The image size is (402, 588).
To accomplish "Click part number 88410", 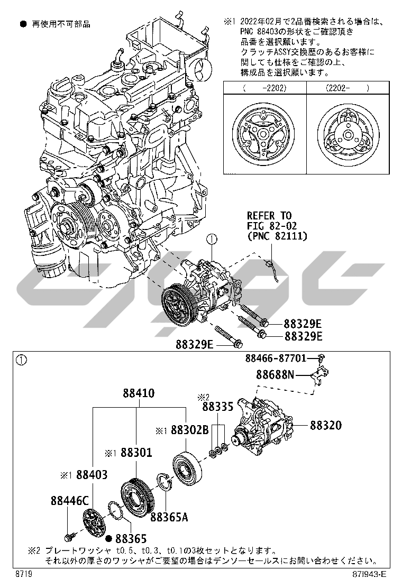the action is click(x=139, y=393).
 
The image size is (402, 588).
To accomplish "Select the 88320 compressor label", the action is click(x=325, y=425).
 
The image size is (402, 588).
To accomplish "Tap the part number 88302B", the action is click(x=190, y=430).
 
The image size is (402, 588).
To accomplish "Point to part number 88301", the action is click(x=136, y=453).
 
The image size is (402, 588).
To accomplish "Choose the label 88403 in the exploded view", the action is click(x=92, y=475).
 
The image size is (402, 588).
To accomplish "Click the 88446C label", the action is click(x=70, y=501).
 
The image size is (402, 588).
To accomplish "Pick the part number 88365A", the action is click(x=169, y=517).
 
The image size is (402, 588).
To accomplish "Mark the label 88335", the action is click(x=217, y=407).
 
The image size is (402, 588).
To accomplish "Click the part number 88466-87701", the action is click(x=276, y=358).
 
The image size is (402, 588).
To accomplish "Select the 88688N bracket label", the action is click(x=275, y=374).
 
